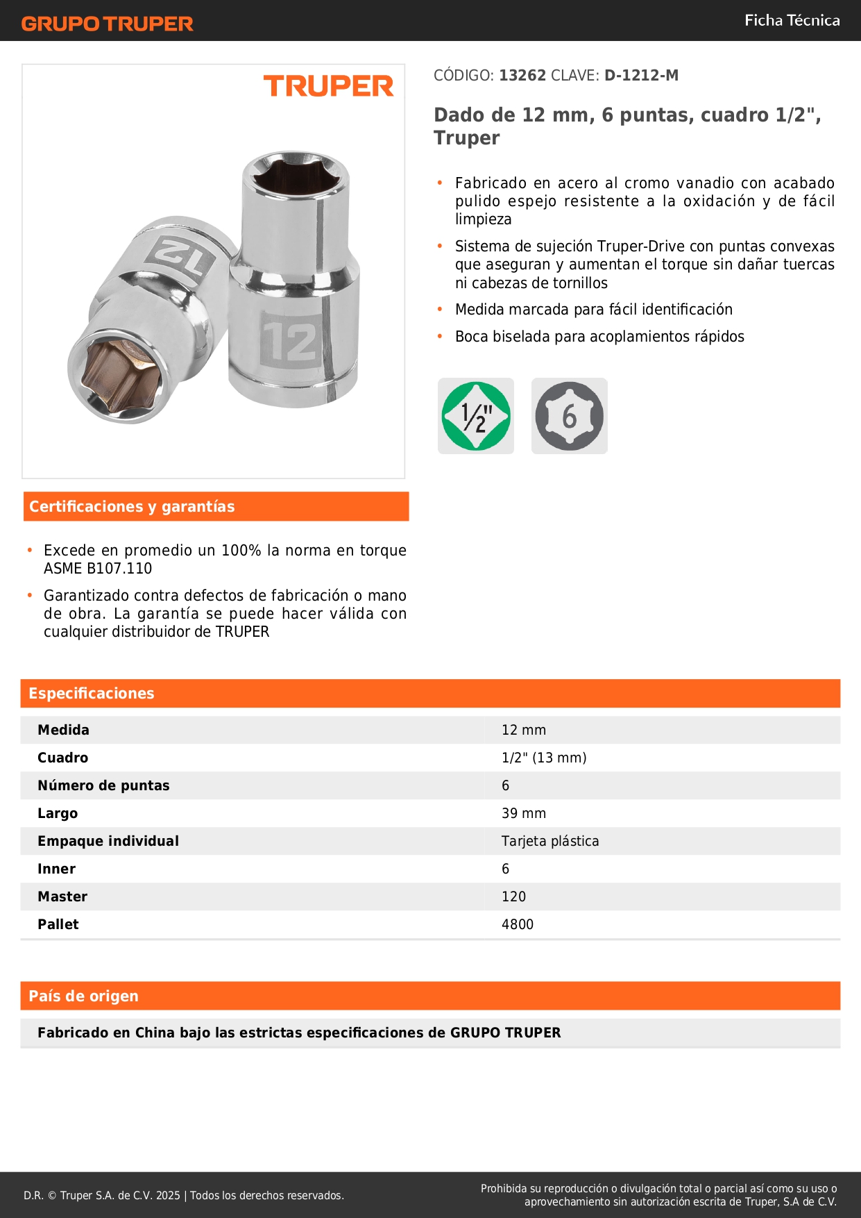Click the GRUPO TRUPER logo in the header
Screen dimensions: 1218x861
click(107, 24)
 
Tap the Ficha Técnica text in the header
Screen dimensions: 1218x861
click(792, 20)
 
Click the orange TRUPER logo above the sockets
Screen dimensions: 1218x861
click(328, 86)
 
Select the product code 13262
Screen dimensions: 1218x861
click(522, 76)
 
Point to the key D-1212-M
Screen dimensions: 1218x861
click(641, 76)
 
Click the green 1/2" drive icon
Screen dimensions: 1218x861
click(476, 416)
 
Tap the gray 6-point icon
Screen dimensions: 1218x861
click(569, 416)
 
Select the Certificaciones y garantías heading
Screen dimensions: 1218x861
click(132, 506)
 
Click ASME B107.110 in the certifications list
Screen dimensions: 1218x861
click(98, 569)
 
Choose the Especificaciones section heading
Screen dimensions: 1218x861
click(92, 693)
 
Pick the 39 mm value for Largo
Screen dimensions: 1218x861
click(524, 813)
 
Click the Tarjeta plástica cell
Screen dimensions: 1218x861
click(550, 841)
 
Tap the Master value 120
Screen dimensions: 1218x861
click(513, 896)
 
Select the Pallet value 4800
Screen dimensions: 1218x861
click(518, 924)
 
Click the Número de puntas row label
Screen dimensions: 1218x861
click(103, 785)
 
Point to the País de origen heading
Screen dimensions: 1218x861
click(83, 996)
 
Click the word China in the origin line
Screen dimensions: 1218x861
click(155, 1033)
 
